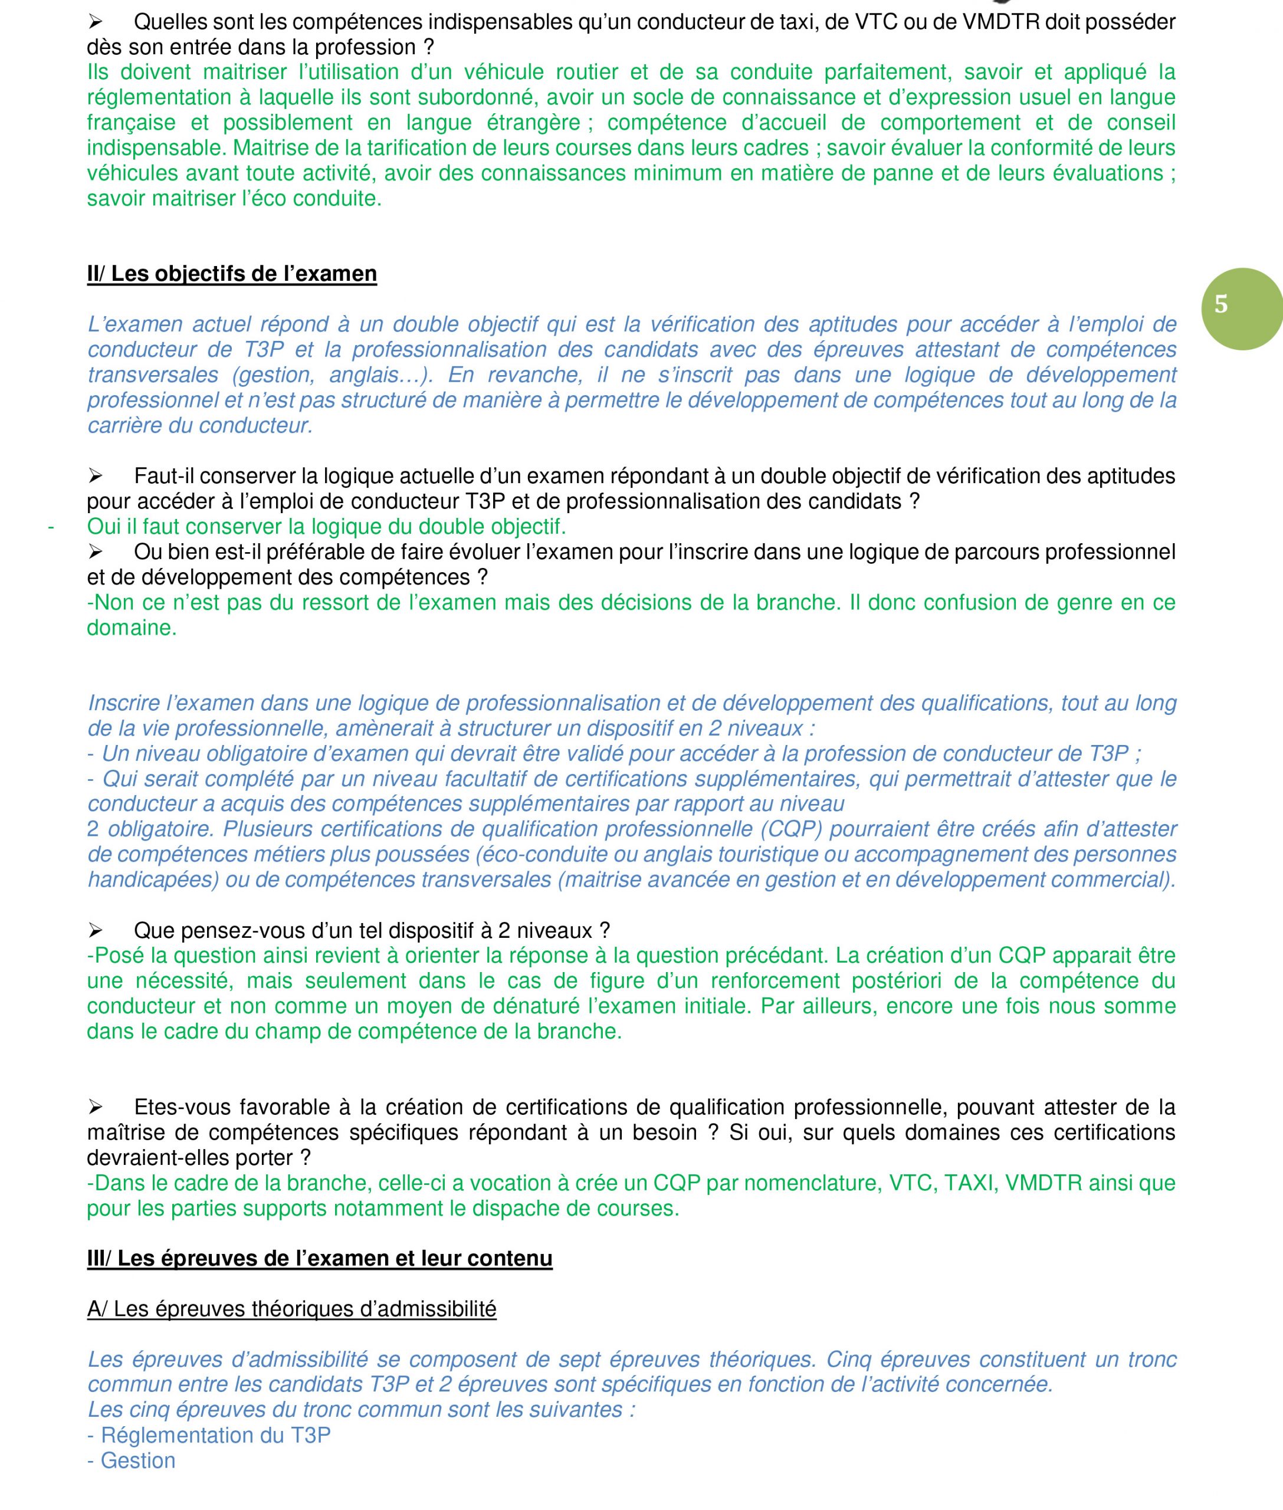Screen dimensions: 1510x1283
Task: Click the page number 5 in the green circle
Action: click(x=1221, y=304)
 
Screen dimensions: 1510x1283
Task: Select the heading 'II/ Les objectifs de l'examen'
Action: click(x=232, y=274)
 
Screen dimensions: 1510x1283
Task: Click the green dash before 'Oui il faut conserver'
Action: click(x=51, y=526)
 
